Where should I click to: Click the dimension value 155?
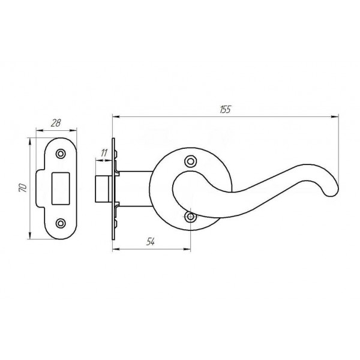(x=225, y=110)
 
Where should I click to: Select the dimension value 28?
(x=56, y=123)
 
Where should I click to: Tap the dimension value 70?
(x=23, y=188)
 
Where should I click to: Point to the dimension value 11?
(x=104, y=152)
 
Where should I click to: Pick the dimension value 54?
(x=151, y=242)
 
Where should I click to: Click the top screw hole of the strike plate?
(x=61, y=154)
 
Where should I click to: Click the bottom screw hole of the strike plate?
(x=61, y=223)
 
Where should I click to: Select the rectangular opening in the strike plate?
(x=61, y=188)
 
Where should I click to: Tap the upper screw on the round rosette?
(x=191, y=161)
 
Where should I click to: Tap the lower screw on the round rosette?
(x=191, y=217)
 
